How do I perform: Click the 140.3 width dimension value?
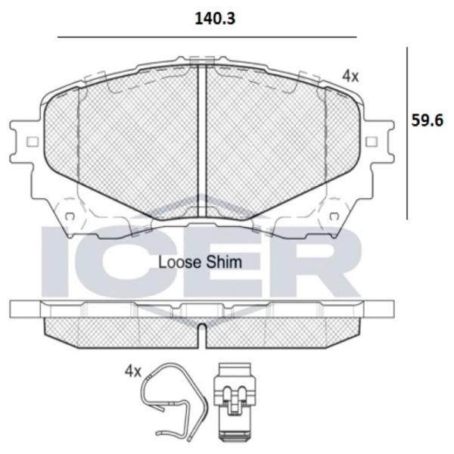[x=215, y=19]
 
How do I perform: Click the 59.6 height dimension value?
[x=428, y=120]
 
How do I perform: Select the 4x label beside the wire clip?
[x=132, y=372]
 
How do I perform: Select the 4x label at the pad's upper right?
[x=350, y=76]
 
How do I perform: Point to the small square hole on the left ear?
[x=33, y=141]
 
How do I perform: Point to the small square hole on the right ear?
[x=372, y=141]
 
